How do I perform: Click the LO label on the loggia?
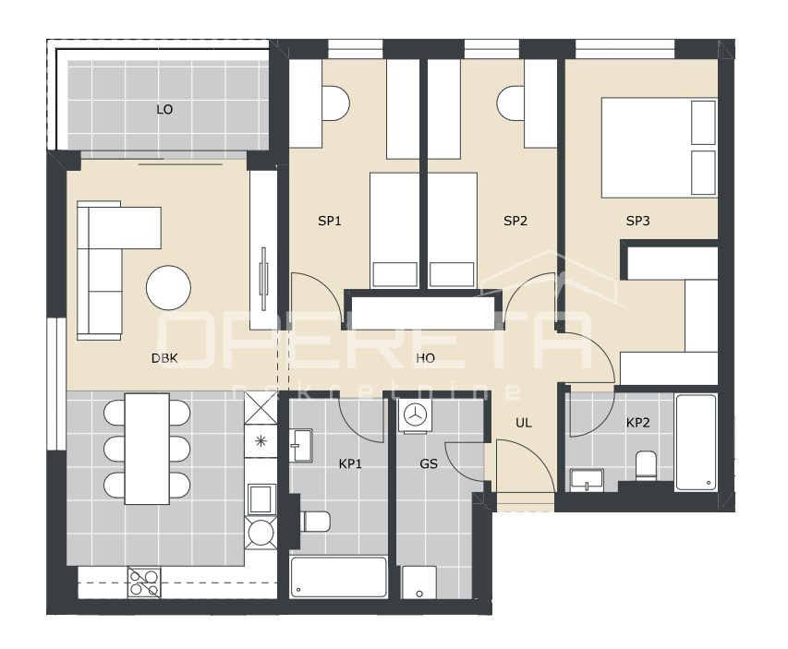click(x=164, y=110)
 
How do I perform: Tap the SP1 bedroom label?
click(x=330, y=222)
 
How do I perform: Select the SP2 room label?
click(x=515, y=222)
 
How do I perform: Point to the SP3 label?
click(x=638, y=222)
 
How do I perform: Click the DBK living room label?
click(x=165, y=358)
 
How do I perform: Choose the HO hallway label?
click(x=425, y=358)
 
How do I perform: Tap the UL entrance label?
click(x=524, y=423)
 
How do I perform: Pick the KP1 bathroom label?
click(x=350, y=463)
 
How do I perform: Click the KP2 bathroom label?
click(x=638, y=423)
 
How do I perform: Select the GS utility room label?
click(x=429, y=463)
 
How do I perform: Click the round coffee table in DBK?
click(x=169, y=288)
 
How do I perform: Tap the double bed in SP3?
click(x=659, y=147)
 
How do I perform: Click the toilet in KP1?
click(x=315, y=522)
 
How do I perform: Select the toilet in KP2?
click(x=646, y=464)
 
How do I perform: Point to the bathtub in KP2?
click(x=696, y=442)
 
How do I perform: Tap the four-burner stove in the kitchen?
click(x=145, y=582)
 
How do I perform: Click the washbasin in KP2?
click(x=587, y=479)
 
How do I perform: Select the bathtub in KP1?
click(x=338, y=577)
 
